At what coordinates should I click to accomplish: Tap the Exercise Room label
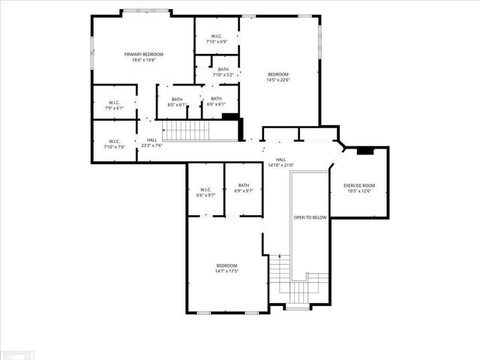[x=359, y=185]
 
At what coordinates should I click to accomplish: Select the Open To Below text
[x=310, y=217]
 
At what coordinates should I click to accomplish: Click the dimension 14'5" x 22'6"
[x=279, y=80]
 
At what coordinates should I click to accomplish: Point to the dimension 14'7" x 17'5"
[x=227, y=271]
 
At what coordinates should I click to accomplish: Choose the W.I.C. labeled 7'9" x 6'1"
[x=114, y=103]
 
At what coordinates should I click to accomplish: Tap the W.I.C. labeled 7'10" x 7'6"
[x=114, y=141]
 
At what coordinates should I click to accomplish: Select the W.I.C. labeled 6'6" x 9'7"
[x=205, y=189]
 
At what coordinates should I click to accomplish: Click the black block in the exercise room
[x=365, y=151]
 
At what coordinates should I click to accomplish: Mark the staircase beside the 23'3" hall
[x=187, y=130]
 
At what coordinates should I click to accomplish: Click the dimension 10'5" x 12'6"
[x=359, y=191]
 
